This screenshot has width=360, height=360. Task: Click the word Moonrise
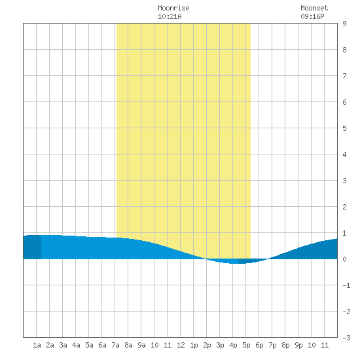[173, 8]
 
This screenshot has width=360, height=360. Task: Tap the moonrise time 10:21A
[170, 16]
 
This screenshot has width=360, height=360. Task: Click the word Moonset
[314, 8]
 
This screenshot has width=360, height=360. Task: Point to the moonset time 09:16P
[312, 16]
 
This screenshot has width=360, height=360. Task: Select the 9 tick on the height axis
[344, 24]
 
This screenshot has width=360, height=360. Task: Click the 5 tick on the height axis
[344, 128]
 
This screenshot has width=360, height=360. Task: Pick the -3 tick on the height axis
[346, 338]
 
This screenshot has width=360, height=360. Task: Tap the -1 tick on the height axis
[346, 285]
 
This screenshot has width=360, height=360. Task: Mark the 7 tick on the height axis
[344, 76]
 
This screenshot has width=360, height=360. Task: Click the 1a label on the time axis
[37, 345]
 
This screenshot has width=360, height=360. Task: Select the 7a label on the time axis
[115, 345]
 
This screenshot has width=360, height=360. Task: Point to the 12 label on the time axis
[181, 345]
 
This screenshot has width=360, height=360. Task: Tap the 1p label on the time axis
[194, 345]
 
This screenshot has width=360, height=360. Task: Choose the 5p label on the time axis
[246, 345]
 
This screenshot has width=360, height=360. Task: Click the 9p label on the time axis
[298, 345]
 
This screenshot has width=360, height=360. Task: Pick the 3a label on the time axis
[63, 345]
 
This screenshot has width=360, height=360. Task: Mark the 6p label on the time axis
[259, 345]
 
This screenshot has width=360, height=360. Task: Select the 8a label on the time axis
[128, 345]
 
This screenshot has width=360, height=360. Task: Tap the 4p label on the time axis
[233, 345]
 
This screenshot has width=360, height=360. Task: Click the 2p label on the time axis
[207, 345]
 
